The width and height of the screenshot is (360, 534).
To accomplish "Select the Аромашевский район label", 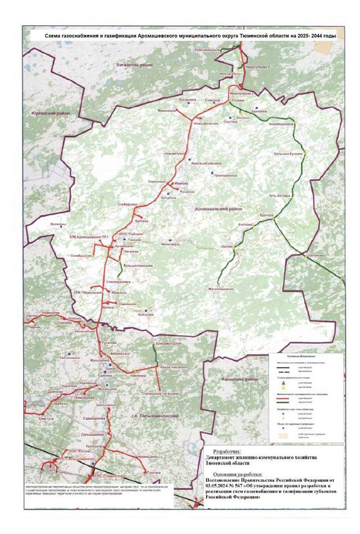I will (x=213, y=208).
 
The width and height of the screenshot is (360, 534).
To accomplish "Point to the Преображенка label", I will (x=219, y=175).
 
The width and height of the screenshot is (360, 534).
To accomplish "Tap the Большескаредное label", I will (x=138, y=264).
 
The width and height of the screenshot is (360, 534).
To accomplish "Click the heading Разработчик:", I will (x=224, y=450).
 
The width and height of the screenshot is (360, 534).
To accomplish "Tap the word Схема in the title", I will (x=55, y=35).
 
